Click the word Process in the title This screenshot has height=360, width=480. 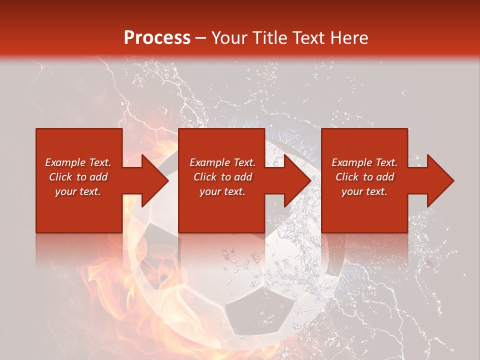(x=157, y=37)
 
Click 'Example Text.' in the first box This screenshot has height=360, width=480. (x=78, y=162)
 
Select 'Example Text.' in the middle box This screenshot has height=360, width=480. (x=222, y=162)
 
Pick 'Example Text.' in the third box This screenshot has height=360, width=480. (x=364, y=162)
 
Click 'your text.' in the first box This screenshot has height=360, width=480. (x=78, y=191)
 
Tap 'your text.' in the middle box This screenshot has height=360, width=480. (x=222, y=191)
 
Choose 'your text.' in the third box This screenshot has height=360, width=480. (x=364, y=191)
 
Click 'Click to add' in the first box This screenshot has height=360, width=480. (x=78, y=177)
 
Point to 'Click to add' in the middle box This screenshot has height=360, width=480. (x=222, y=177)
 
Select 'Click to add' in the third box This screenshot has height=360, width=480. (x=364, y=177)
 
